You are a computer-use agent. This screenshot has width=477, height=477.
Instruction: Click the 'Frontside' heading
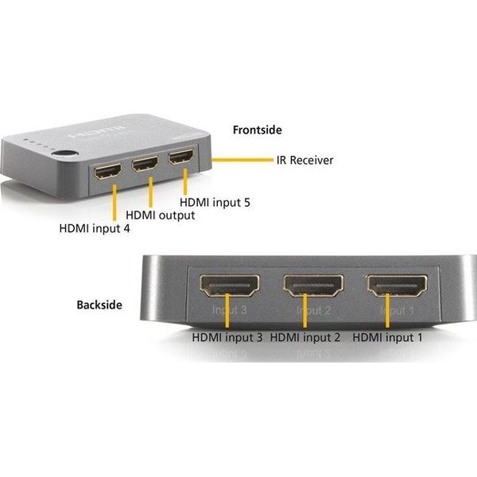[x=257, y=130]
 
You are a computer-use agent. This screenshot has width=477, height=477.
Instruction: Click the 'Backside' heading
[x=99, y=304]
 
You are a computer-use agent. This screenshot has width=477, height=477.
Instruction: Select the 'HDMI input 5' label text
[x=215, y=203]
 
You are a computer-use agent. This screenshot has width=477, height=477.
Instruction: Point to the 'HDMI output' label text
[x=161, y=215]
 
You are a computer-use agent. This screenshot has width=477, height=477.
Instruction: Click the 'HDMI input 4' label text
[x=95, y=229]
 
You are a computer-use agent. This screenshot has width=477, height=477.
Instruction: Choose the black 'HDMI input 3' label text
[x=227, y=338]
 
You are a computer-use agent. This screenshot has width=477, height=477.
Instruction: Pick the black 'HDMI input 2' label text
[x=305, y=338]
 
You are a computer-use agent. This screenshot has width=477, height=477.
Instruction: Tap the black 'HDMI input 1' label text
[x=387, y=338]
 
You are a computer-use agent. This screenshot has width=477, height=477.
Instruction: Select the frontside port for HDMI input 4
[x=107, y=173]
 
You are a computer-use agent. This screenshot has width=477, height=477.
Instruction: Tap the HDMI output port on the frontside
[x=146, y=167]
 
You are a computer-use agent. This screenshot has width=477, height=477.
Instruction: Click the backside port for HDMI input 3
[x=227, y=284]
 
